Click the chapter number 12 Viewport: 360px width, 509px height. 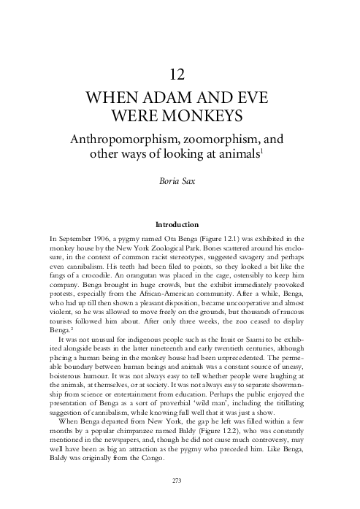click(x=180, y=73)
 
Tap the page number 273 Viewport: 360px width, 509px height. click(x=180, y=480)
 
